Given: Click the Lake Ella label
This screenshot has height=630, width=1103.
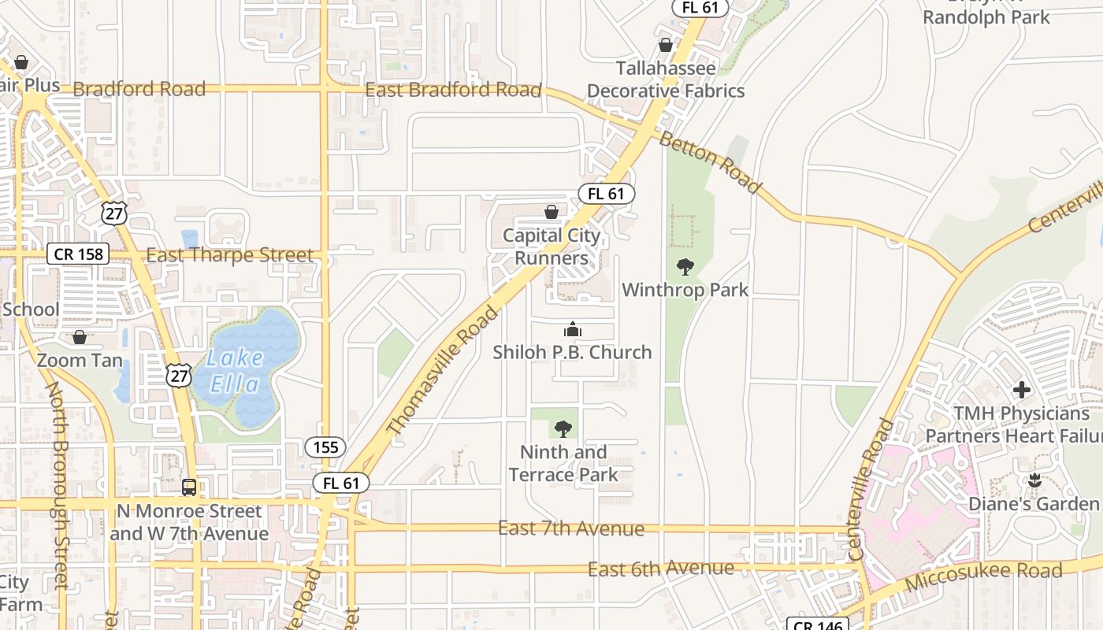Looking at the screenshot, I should point(236,371).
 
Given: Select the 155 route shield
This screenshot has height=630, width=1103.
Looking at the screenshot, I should point(325,447).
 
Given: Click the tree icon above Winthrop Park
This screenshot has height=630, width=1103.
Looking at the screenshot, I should point(685,267).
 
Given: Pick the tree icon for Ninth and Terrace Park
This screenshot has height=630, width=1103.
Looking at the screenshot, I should point(563,429).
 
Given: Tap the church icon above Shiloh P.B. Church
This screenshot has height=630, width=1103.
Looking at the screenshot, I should point(572,329).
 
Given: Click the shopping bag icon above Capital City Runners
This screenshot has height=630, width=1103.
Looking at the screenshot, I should point(551,212).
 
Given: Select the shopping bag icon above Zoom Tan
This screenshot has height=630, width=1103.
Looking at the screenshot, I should point(80,338).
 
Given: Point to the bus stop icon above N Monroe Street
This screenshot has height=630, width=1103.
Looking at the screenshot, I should point(189,487).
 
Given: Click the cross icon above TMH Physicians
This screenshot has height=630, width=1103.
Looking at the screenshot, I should point(1022,390).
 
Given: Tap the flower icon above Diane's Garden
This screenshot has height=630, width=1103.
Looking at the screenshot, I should point(1035,480).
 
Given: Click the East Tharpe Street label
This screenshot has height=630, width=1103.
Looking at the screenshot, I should point(230,255).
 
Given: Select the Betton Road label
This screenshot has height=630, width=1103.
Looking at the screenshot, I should point(711,162).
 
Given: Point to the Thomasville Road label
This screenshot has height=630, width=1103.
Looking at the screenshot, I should point(444,370).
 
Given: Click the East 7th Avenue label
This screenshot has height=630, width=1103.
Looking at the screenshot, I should point(571,528).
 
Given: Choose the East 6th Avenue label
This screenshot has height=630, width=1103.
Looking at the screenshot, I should point(661,568).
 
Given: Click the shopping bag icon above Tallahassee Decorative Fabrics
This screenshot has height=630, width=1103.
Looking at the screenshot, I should point(666,45).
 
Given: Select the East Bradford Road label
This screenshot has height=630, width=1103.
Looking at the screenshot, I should point(453,90).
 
